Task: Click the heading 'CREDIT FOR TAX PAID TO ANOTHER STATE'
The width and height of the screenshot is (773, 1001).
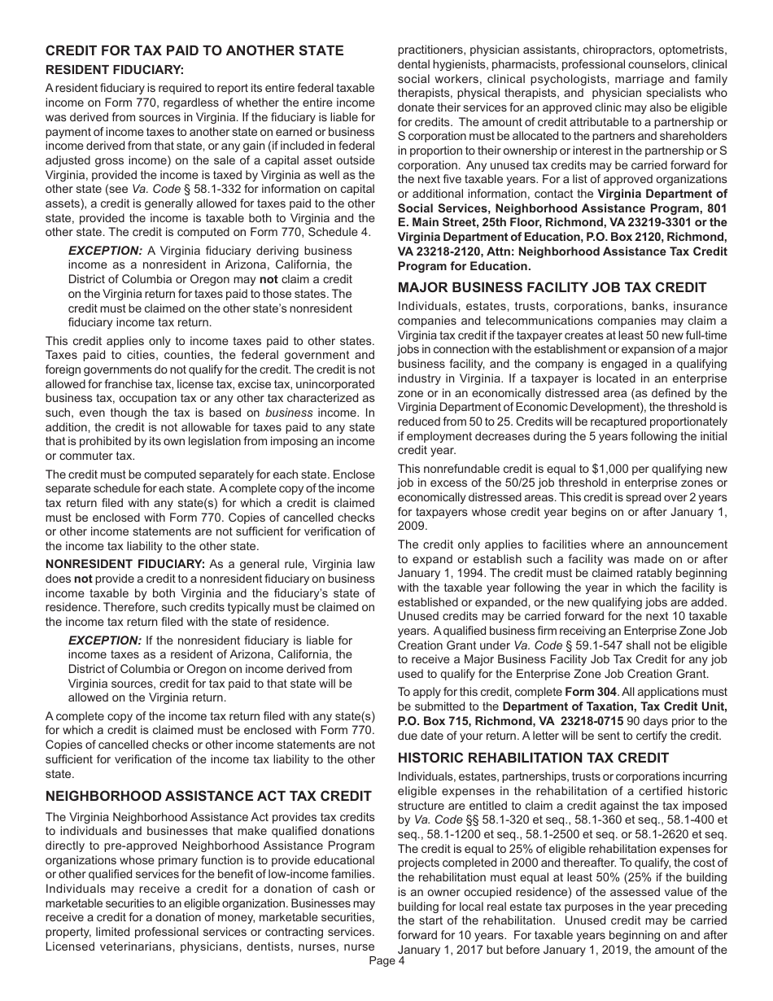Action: pyautogui.click(x=194, y=51)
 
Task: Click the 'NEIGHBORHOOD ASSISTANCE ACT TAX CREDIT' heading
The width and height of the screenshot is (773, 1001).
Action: pyautogui.click(x=208, y=796)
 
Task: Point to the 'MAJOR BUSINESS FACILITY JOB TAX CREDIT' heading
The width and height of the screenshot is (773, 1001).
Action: pyautogui.click(x=552, y=287)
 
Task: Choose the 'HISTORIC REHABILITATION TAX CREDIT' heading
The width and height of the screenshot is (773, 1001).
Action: pyautogui.click(x=533, y=758)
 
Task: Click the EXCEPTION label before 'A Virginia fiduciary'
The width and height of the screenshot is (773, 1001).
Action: pyautogui.click(x=105, y=251)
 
